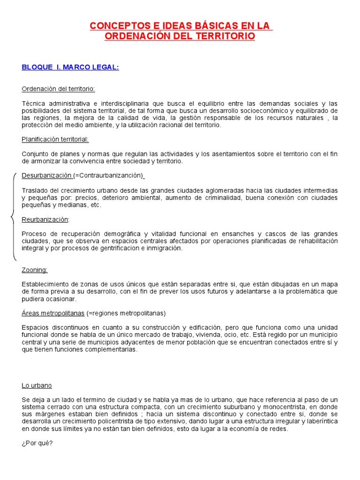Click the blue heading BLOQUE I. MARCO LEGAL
click(70, 67)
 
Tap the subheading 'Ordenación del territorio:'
click(58, 89)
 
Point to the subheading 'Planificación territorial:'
click(55, 139)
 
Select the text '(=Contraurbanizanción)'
click(108, 176)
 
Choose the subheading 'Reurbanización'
click(45, 219)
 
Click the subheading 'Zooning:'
click(35, 270)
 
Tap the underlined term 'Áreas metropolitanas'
click(53, 313)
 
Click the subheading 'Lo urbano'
click(37, 385)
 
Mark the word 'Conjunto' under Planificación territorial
click(35, 154)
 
